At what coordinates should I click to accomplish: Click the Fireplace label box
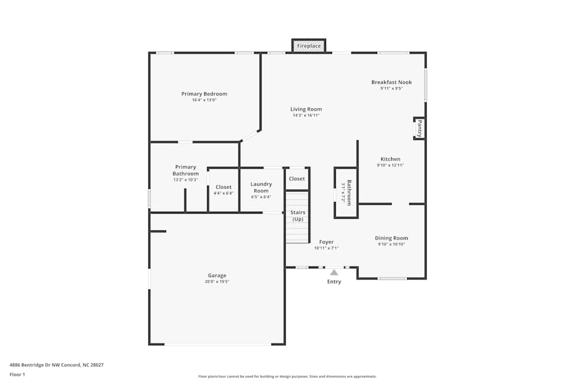309,46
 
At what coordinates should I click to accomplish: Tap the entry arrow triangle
334,272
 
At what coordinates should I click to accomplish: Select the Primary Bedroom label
204,94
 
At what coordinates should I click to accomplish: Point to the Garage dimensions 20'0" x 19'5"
217,282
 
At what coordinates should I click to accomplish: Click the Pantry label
420,128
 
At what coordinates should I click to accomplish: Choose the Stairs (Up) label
298,215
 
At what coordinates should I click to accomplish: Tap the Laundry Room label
261,187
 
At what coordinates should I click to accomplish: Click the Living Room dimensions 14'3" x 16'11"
306,115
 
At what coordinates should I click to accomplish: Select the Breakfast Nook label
392,82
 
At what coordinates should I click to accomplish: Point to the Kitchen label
390,159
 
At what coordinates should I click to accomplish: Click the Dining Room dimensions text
391,244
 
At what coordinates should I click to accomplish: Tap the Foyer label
327,242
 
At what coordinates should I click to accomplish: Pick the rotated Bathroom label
349,193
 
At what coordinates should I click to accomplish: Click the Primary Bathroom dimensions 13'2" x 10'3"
186,180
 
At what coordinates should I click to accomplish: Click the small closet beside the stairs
297,179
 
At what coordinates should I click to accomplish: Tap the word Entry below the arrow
334,282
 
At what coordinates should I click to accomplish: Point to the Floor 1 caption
17,374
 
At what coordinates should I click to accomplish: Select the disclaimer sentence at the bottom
287,377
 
